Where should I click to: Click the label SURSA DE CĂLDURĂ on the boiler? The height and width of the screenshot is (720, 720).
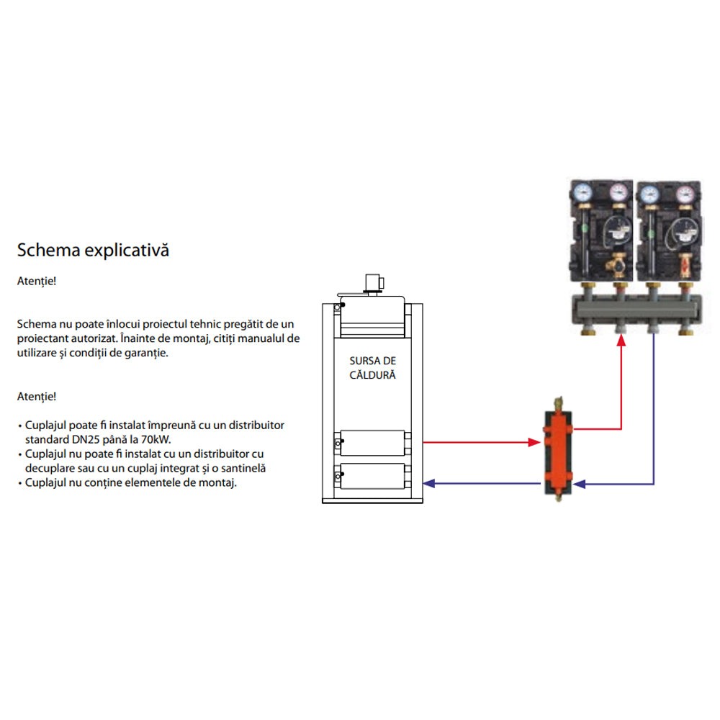coord(372,367)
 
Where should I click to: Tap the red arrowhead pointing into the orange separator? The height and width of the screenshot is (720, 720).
coord(534,441)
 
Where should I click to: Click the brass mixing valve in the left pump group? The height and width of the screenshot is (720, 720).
coord(618,264)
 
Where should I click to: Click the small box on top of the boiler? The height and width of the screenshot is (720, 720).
coord(374,282)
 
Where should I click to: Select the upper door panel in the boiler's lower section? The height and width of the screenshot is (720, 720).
coord(372,442)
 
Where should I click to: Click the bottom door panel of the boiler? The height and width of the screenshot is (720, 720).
coord(372,477)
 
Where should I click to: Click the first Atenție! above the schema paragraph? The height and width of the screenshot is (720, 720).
coord(36,281)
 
